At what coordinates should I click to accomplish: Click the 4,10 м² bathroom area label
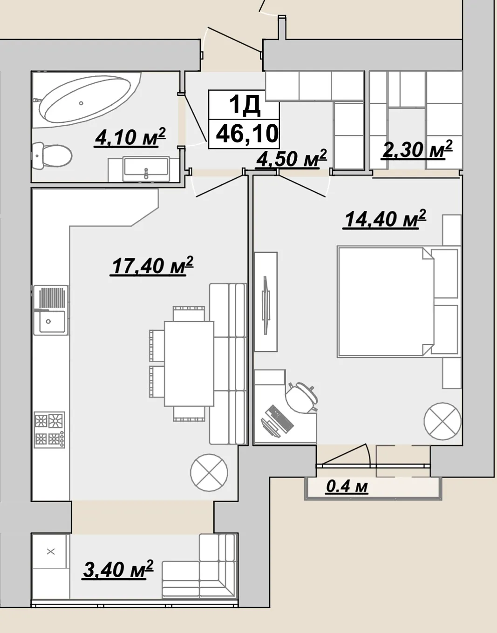click(130, 137)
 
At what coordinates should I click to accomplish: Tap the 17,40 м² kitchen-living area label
click(151, 265)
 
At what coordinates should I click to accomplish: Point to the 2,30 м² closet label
click(416, 150)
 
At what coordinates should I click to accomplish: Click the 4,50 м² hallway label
click(291, 159)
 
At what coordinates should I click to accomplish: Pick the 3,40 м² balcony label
click(117, 569)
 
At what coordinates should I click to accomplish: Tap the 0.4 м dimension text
click(347, 486)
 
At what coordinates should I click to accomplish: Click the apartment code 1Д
click(244, 105)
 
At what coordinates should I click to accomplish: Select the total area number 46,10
click(247, 134)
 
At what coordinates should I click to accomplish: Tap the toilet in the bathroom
click(53, 156)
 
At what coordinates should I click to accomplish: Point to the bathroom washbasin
click(146, 169)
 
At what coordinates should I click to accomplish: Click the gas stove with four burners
click(49, 430)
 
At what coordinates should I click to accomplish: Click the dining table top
click(189, 364)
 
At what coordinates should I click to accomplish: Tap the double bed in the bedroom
click(398, 302)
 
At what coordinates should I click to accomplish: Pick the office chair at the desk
click(302, 397)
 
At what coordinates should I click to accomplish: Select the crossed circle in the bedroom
click(443, 421)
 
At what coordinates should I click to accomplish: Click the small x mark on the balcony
click(51, 552)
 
